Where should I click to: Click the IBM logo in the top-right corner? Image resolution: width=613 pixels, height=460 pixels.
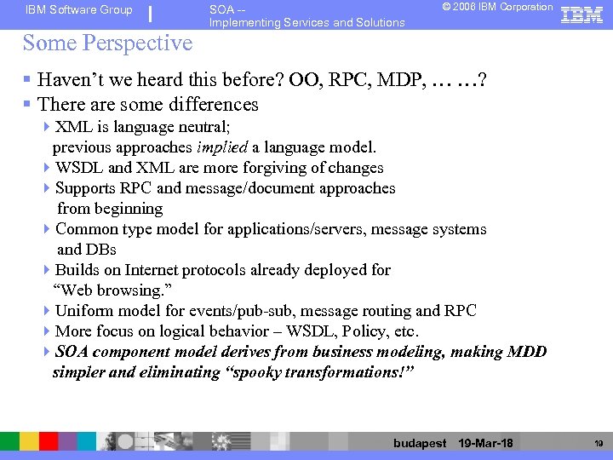(583, 14)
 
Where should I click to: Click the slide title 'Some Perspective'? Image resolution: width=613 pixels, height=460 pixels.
(107, 43)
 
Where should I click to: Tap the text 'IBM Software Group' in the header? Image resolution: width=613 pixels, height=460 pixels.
(79, 10)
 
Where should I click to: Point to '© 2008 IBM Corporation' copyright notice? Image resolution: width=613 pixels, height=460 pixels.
(497, 7)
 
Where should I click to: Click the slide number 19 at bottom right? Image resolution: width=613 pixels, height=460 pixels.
(599, 443)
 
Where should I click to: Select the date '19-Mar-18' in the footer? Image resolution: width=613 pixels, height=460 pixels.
(485, 443)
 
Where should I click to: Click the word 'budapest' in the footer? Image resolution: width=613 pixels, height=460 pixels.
(420, 443)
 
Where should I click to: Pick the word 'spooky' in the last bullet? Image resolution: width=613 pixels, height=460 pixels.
(266, 372)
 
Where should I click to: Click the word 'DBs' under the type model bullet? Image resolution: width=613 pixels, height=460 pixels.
(100, 250)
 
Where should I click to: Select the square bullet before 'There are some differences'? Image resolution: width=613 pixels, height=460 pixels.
(28, 105)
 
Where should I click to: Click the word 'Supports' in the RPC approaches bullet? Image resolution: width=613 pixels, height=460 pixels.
(85, 188)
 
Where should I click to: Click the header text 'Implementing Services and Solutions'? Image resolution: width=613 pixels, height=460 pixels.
(306, 22)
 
